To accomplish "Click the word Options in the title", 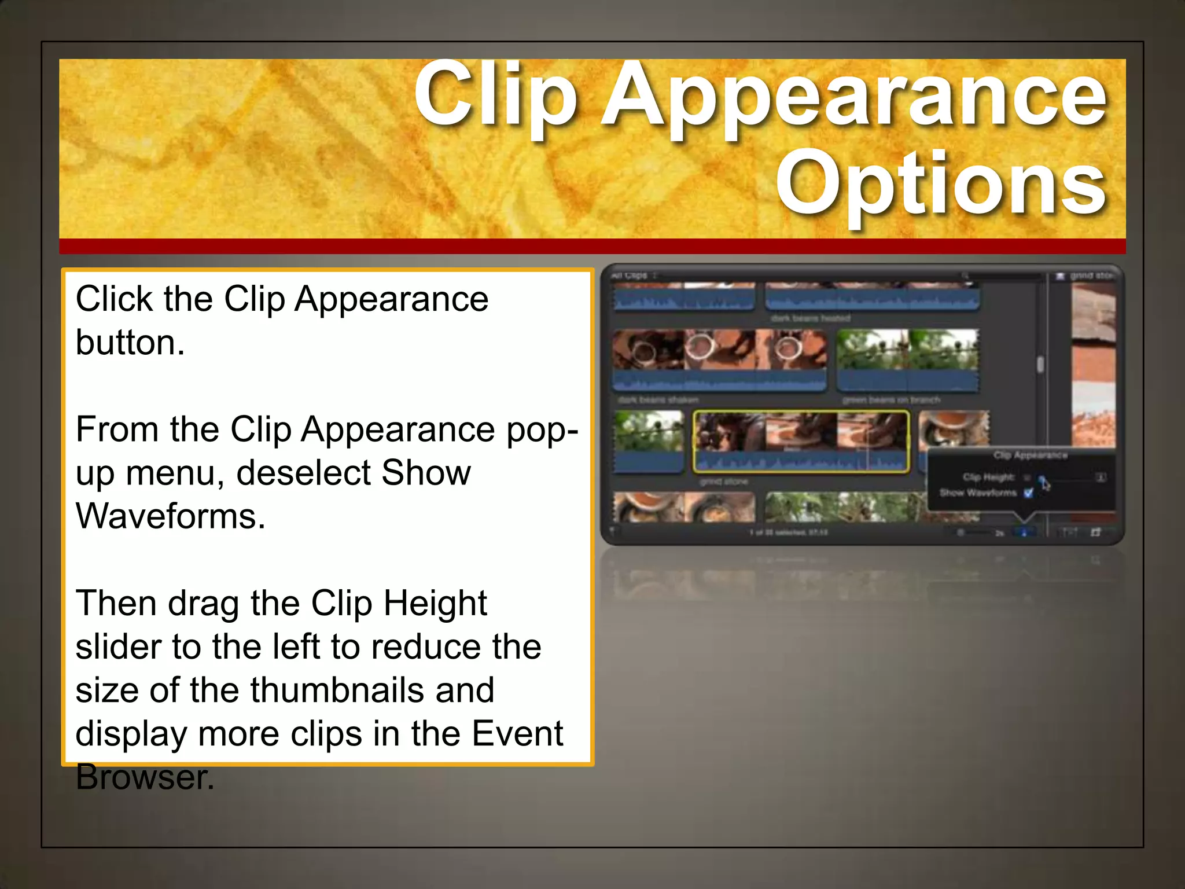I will pos(941,184).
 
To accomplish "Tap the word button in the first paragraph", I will pos(130,343).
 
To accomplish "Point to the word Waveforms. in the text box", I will pos(170,516).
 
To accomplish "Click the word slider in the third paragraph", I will pos(119,646).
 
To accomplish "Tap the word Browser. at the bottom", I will pos(145,777).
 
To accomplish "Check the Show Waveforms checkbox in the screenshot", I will pos(1028,493).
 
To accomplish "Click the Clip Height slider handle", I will pos(1042,479).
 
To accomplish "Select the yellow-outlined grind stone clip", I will pos(801,441).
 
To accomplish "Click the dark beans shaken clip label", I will pos(658,400).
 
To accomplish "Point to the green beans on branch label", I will pos(891,400).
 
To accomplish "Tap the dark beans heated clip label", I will pos(810,318).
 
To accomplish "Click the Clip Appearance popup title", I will pos(1030,455).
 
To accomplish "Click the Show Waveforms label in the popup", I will pos(978,493).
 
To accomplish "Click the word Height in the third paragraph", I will pos(435,603).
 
